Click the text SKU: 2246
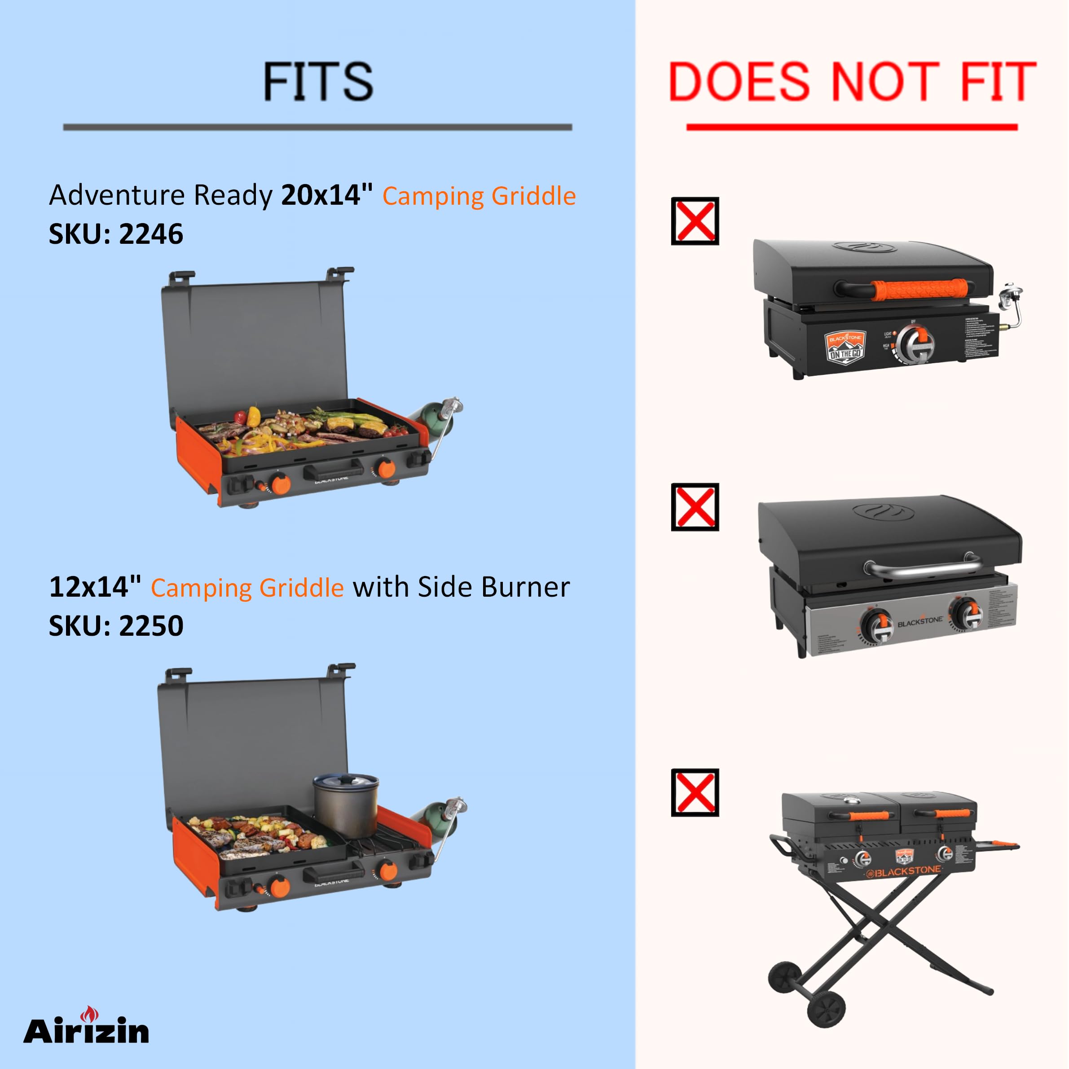click(x=116, y=234)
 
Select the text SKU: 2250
click(x=116, y=626)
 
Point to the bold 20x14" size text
click(x=327, y=195)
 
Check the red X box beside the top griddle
click(x=695, y=221)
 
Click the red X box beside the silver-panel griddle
click(x=695, y=507)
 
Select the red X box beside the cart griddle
click(x=695, y=792)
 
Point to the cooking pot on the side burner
click(x=346, y=804)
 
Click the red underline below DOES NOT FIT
click(x=852, y=127)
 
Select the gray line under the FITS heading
click(x=317, y=127)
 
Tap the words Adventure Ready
click(x=160, y=195)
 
